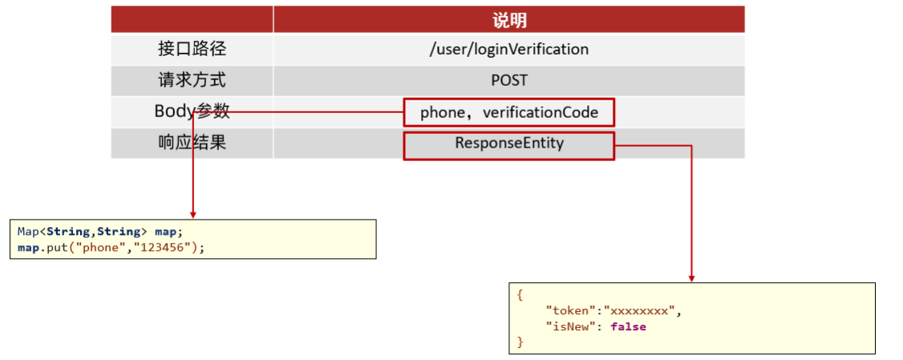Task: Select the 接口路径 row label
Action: [x=192, y=49]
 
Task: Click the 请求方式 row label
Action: [x=192, y=80]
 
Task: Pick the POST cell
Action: [x=509, y=81]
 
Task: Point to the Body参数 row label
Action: [x=192, y=111]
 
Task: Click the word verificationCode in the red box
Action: [x=541, y=113]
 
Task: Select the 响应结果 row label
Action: [x=192, y=142]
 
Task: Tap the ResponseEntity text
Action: [x=509, y=143]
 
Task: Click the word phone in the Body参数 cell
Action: [x=442, y=113]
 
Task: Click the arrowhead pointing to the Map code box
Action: [x=193, y=214]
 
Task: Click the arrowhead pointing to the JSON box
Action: [x=691, y=277]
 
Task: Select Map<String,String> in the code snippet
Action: [x=79, y=232]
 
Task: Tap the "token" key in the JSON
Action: [x=570, y=311]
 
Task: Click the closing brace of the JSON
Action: [x=520, y=342]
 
